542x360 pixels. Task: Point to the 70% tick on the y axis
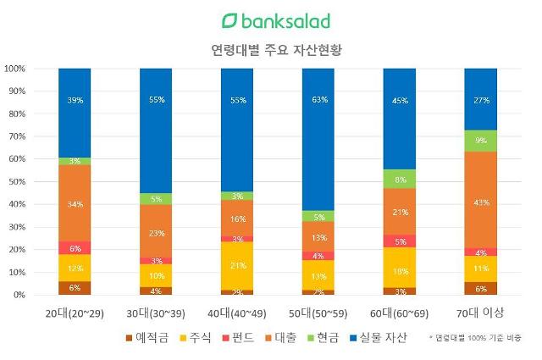(16, 136)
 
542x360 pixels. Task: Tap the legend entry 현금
(329, 338)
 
